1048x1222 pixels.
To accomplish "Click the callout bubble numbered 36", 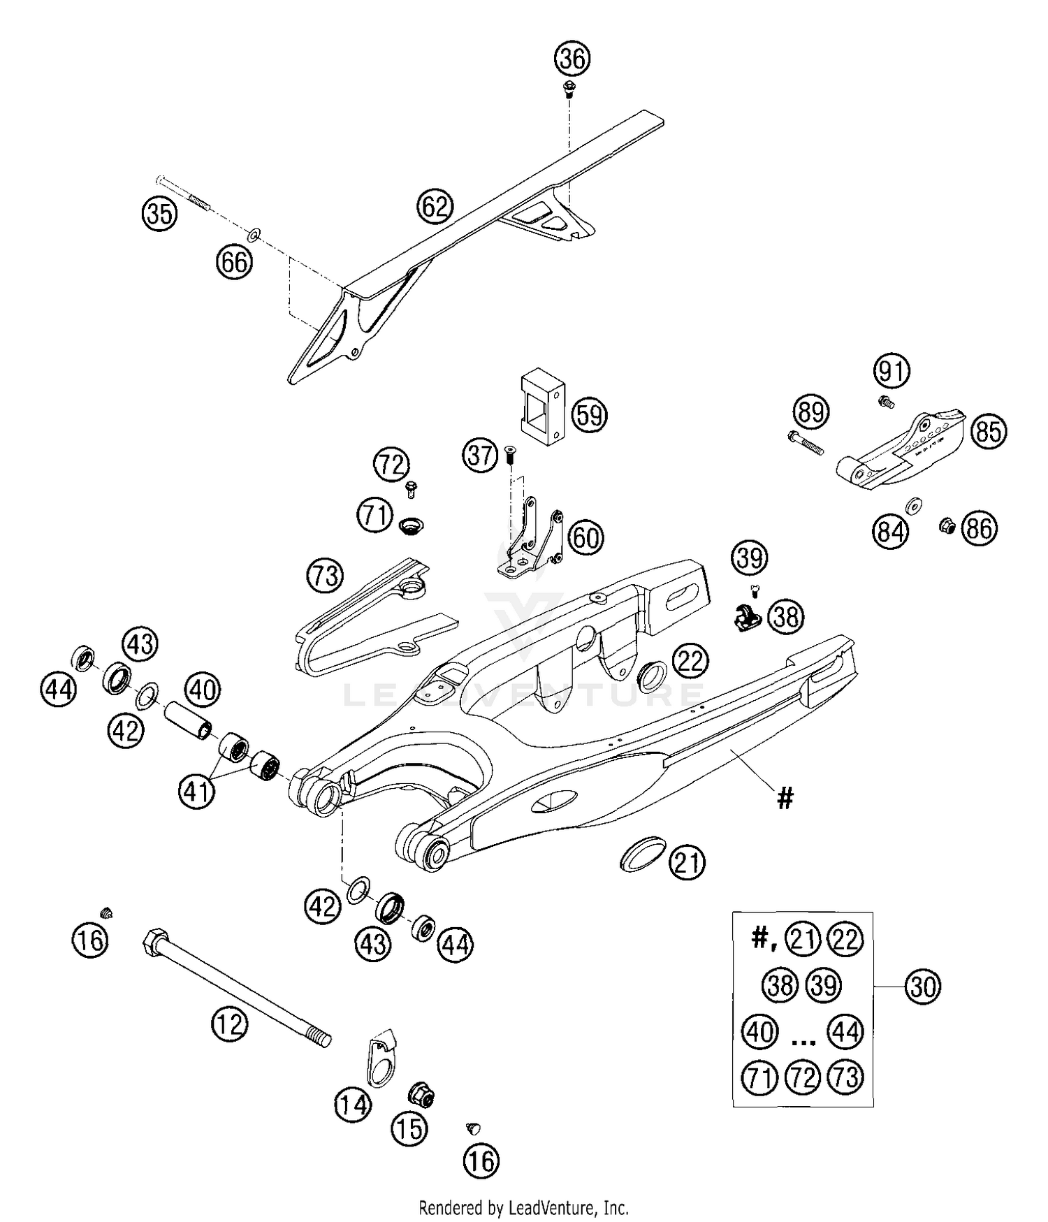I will pos(572,59).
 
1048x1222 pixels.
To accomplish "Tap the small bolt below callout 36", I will pos(569,89).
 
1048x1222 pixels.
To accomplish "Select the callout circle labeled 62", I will pos(435,206).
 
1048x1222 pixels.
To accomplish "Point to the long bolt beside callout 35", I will pos(184,191).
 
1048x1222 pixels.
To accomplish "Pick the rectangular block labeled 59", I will pos(541,409).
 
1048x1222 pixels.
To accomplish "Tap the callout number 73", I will pos(325,576).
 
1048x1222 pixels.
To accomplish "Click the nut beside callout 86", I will pos(947,524).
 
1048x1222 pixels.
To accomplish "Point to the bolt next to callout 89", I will pos(806,443).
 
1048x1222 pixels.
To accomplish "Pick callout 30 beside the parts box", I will pos(923,986).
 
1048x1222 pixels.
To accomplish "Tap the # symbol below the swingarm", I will pos(785,797).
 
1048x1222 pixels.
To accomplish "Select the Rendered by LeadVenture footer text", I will pos(523,1207).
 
